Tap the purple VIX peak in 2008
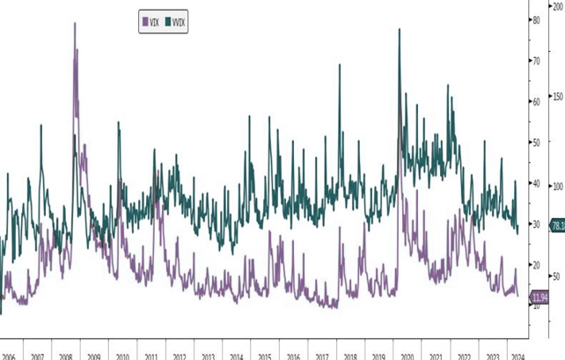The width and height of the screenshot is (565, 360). (75, 24)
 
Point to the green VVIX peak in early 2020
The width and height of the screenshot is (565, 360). (400, 30)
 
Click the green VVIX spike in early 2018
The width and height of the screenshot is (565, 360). (340, 65)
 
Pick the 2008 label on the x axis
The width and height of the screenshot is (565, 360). (65, 356)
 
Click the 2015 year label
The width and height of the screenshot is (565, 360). (264, 356)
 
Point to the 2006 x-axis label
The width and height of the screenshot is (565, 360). (7, 356)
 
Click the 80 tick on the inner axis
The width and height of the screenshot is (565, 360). (535, 19)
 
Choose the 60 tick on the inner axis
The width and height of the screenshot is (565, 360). (535, 101)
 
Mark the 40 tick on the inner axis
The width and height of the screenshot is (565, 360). (535, 183)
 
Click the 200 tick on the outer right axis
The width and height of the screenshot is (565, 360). (557, 5)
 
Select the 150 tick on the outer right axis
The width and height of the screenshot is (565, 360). (557, 96)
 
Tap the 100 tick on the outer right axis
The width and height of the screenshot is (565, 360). (557, 187)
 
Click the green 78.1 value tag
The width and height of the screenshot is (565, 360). (556, 226)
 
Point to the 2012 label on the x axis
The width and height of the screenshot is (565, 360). (180, 356)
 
